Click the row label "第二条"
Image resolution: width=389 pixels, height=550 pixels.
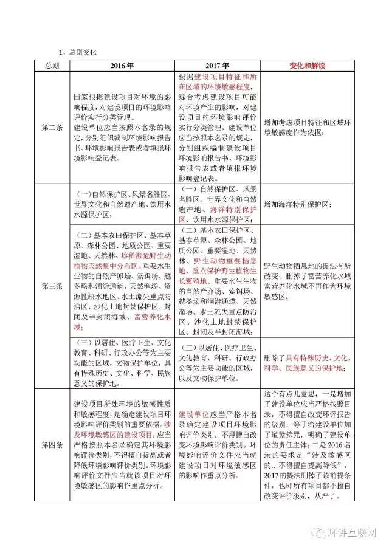(51, 128)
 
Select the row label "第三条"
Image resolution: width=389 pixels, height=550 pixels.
(51, 285)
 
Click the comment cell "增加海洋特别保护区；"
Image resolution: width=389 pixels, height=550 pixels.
(298, 205)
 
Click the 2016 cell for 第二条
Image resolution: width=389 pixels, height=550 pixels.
(122, 128)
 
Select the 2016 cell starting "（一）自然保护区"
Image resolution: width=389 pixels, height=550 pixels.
(122, 204)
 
